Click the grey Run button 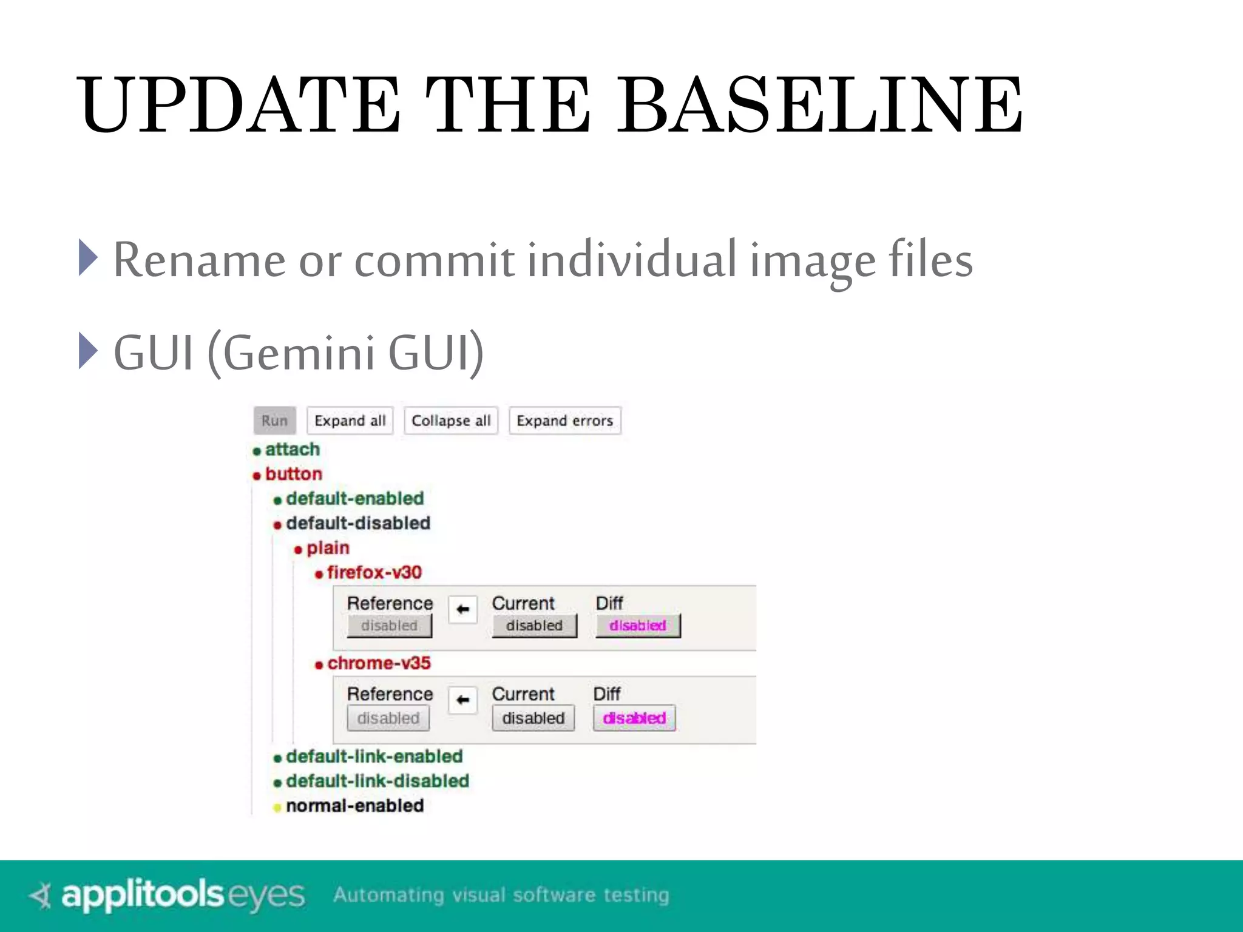click(x=274, y=420)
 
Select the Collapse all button click(x=451, y=420)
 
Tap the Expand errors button click(x=564, y=420)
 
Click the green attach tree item click(x=292, y=450)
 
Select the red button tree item click(x=293, y=474)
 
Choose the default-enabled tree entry click(x=354, y=499)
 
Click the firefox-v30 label click(x=374, y=572)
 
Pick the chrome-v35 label click(x=379, y=663)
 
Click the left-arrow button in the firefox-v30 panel click(x=462, y=609)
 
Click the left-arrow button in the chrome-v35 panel click(x=462, y=700)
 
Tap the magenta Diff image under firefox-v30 click(x=638, y=626)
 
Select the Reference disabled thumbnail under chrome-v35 click(x=388, y=718)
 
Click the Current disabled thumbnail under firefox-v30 click(x=534, y=626)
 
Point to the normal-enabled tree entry click(x=354, y=806)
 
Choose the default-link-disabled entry click(x=377, y=781)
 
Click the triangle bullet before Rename click(x=88, y=258)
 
